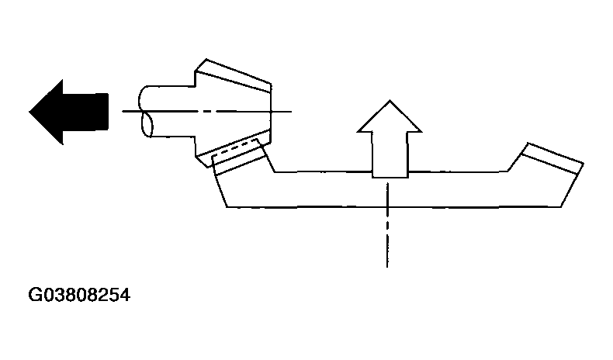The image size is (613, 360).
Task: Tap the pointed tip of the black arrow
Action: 29,112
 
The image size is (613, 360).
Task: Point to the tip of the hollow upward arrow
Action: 390,100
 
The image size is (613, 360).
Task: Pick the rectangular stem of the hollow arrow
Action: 390,155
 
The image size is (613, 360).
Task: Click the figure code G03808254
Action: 79,295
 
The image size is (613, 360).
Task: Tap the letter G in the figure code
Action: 34,295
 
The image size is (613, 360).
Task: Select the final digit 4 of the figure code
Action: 125,295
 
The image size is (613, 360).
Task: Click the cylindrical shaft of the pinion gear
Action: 168,112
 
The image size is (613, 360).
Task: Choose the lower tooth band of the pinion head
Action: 234,147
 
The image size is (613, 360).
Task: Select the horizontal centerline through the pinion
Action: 207,112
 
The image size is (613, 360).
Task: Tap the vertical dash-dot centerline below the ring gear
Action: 387,225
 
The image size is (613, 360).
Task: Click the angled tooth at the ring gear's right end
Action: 552,158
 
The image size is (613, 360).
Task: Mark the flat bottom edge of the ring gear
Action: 394,206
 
